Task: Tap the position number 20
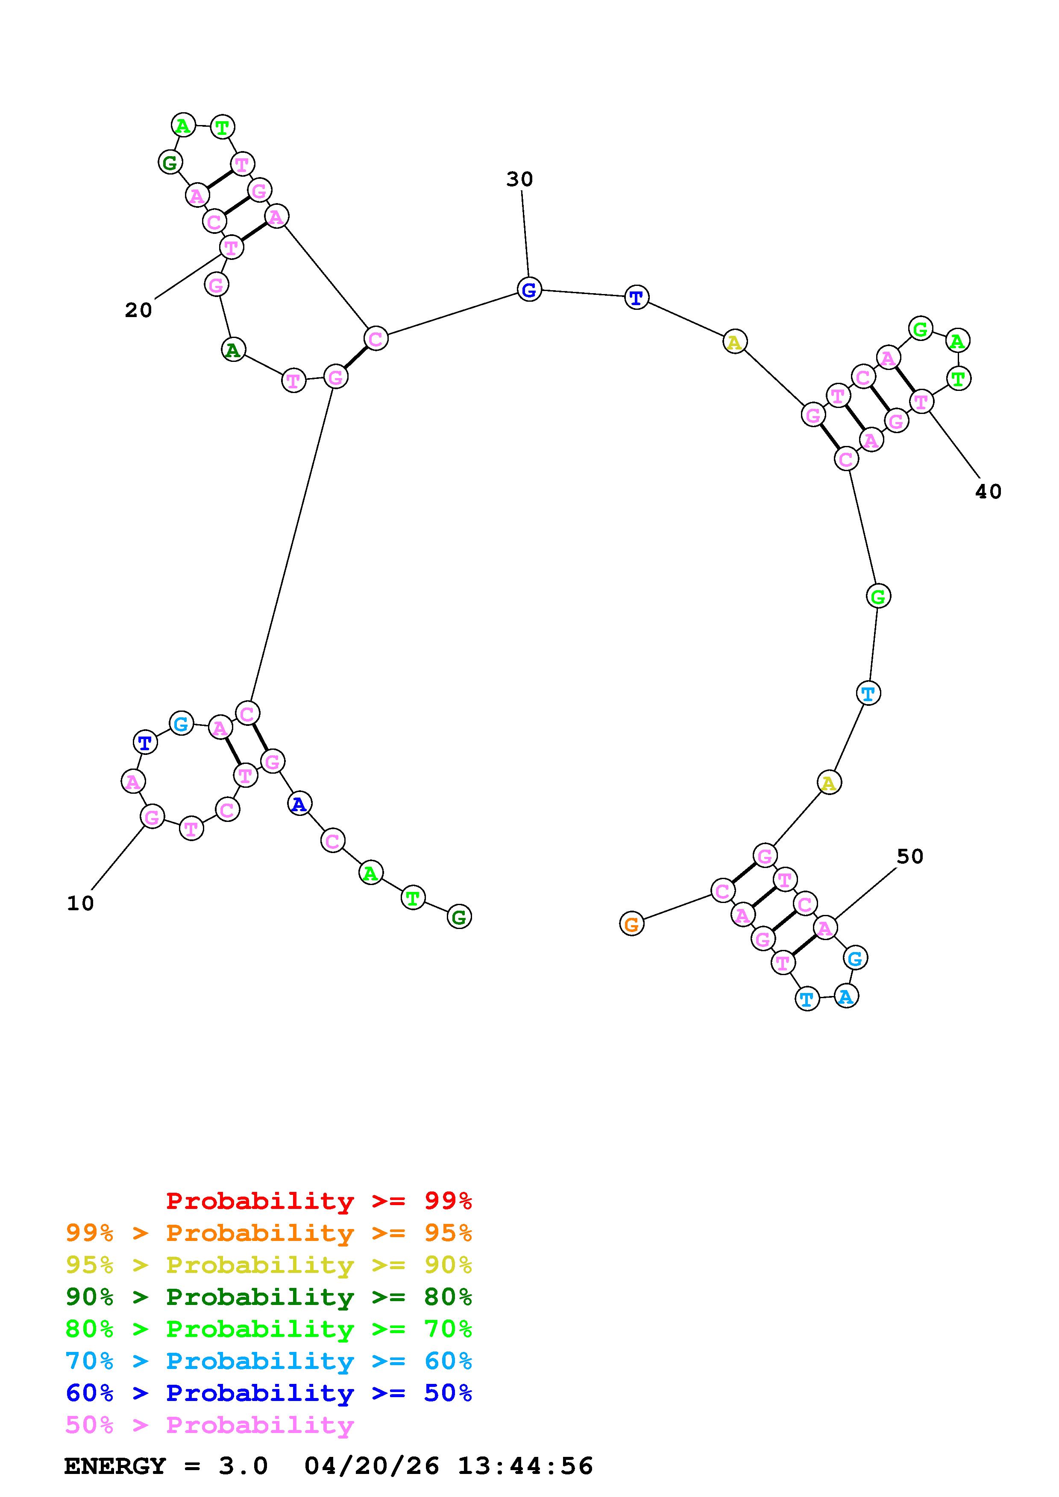(138, 310)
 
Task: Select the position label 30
(519, 179)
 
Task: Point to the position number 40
(988, 492)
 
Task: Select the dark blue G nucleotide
(529, 289)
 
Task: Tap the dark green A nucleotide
(233, 350)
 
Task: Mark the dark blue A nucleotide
(299, 804)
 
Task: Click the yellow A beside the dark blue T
(735, 342)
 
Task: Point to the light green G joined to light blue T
(878, 596)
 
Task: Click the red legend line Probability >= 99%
(319, 1201)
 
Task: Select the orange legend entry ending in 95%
(269, 1233)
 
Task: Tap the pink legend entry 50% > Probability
(209, 1425)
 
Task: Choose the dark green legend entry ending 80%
(269, 1297)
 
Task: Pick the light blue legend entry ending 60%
(269, 1361)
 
